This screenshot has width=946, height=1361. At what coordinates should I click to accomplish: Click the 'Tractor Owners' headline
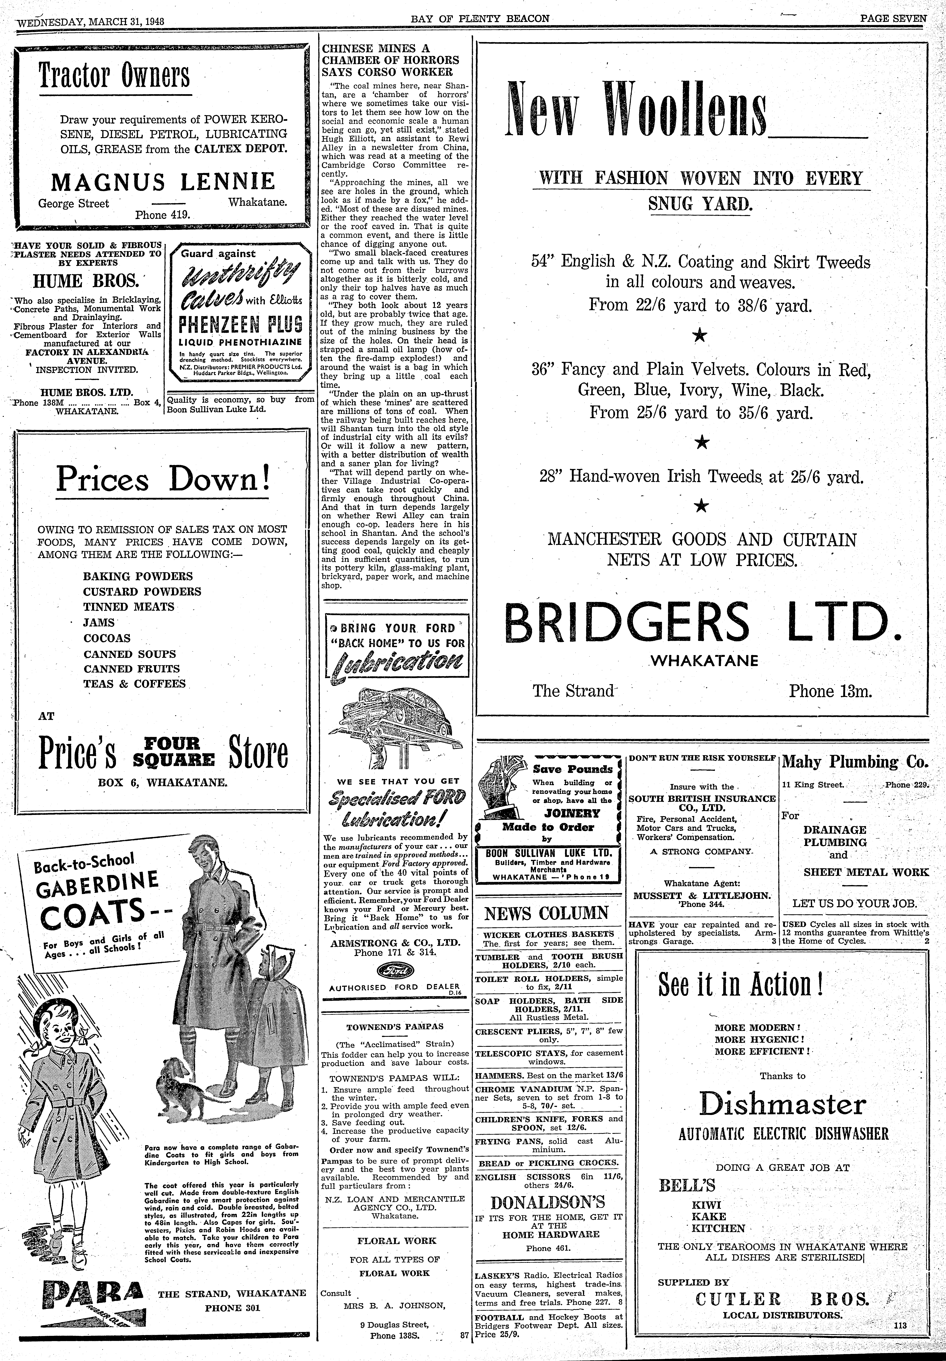tap(114, 75)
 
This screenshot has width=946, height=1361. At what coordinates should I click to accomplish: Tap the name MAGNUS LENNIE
tap(163, 181)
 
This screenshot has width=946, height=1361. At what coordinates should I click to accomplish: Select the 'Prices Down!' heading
tap(163, 479)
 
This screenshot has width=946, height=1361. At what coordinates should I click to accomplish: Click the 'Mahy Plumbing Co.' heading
tap(855, 762)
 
